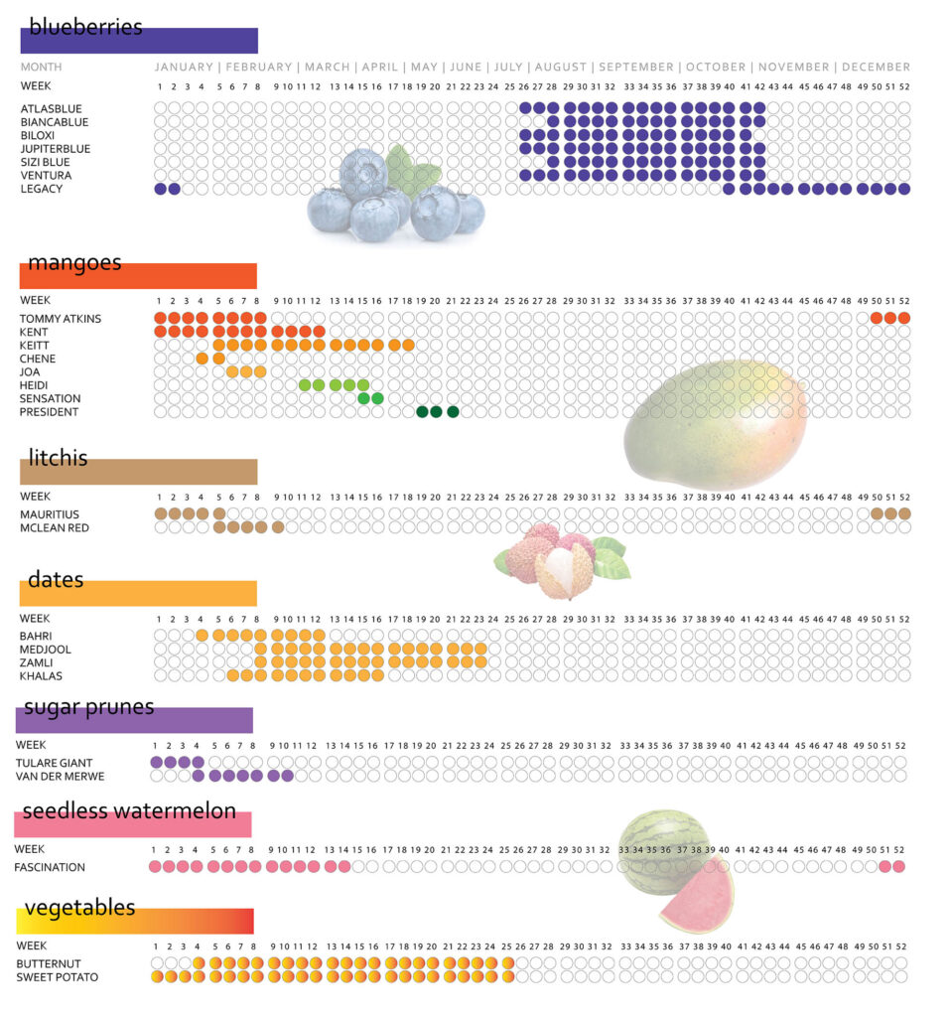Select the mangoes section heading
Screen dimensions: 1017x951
click(x=74, y=263)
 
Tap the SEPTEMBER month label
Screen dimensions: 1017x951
click(x=635, y=68)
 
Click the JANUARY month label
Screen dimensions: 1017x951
click(x=184, y=68)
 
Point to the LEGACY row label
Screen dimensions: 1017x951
click(x=42, y=189)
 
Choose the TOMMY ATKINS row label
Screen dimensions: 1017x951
click(x=60, y=319)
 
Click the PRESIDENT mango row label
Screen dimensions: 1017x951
click(x=49, y=412)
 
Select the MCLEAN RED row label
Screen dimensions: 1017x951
click(x=55, y=528)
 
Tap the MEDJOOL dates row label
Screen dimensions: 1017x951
click(x=46, y=650)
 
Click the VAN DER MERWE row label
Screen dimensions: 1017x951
click(x=60, y=777)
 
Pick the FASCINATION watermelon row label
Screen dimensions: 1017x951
click(x=50, y=867)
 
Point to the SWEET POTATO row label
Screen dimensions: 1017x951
click(x=57, y=977)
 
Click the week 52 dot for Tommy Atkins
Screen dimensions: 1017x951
click(x=904, y=319)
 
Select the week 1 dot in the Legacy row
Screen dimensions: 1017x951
click(x=160, y=189)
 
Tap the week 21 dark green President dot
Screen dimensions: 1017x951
click(x=453, y=412)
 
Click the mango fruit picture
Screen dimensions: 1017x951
click(x=715, y=422)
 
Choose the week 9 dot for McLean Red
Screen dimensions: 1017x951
click(x=278, y=528)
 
